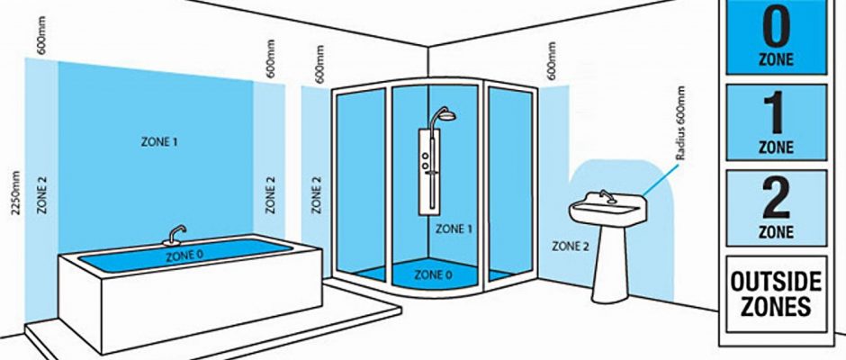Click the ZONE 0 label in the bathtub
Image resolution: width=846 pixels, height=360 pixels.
pyautogui.click(x=184, y=256)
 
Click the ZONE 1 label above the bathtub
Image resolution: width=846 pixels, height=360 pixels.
pyautogui.click(x=160, y=141)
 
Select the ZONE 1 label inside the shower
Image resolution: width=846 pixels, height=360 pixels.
pyautogui.click(x=454, y=229)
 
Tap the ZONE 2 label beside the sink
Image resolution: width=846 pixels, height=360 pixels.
pyautogui.click(x=571, y=245)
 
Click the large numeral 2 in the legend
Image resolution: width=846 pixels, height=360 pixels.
pyautogui.click(x=776, y=199)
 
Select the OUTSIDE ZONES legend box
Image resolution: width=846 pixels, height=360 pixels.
pyautogui.click(x=776, y=292)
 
